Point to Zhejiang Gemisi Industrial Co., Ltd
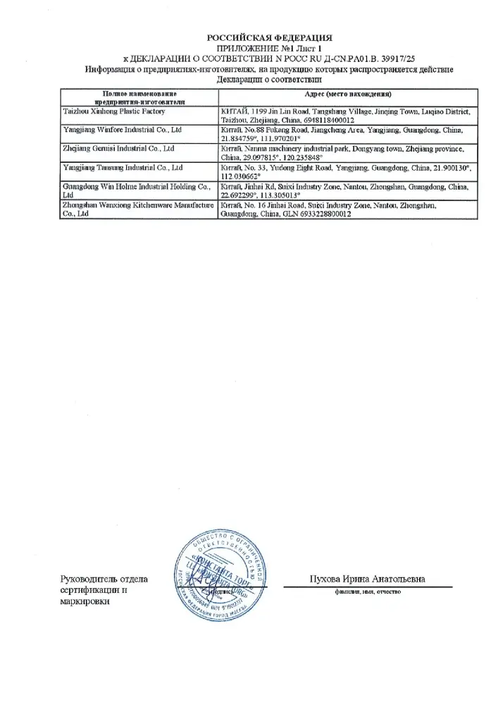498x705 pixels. (x=119, y=149)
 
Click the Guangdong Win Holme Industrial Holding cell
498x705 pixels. (x=137, y=186)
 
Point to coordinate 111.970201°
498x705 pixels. (x=273, y=140)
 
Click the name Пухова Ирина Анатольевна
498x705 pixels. (x=368, y=579)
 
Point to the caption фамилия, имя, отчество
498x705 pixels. (x=368, y=592)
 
